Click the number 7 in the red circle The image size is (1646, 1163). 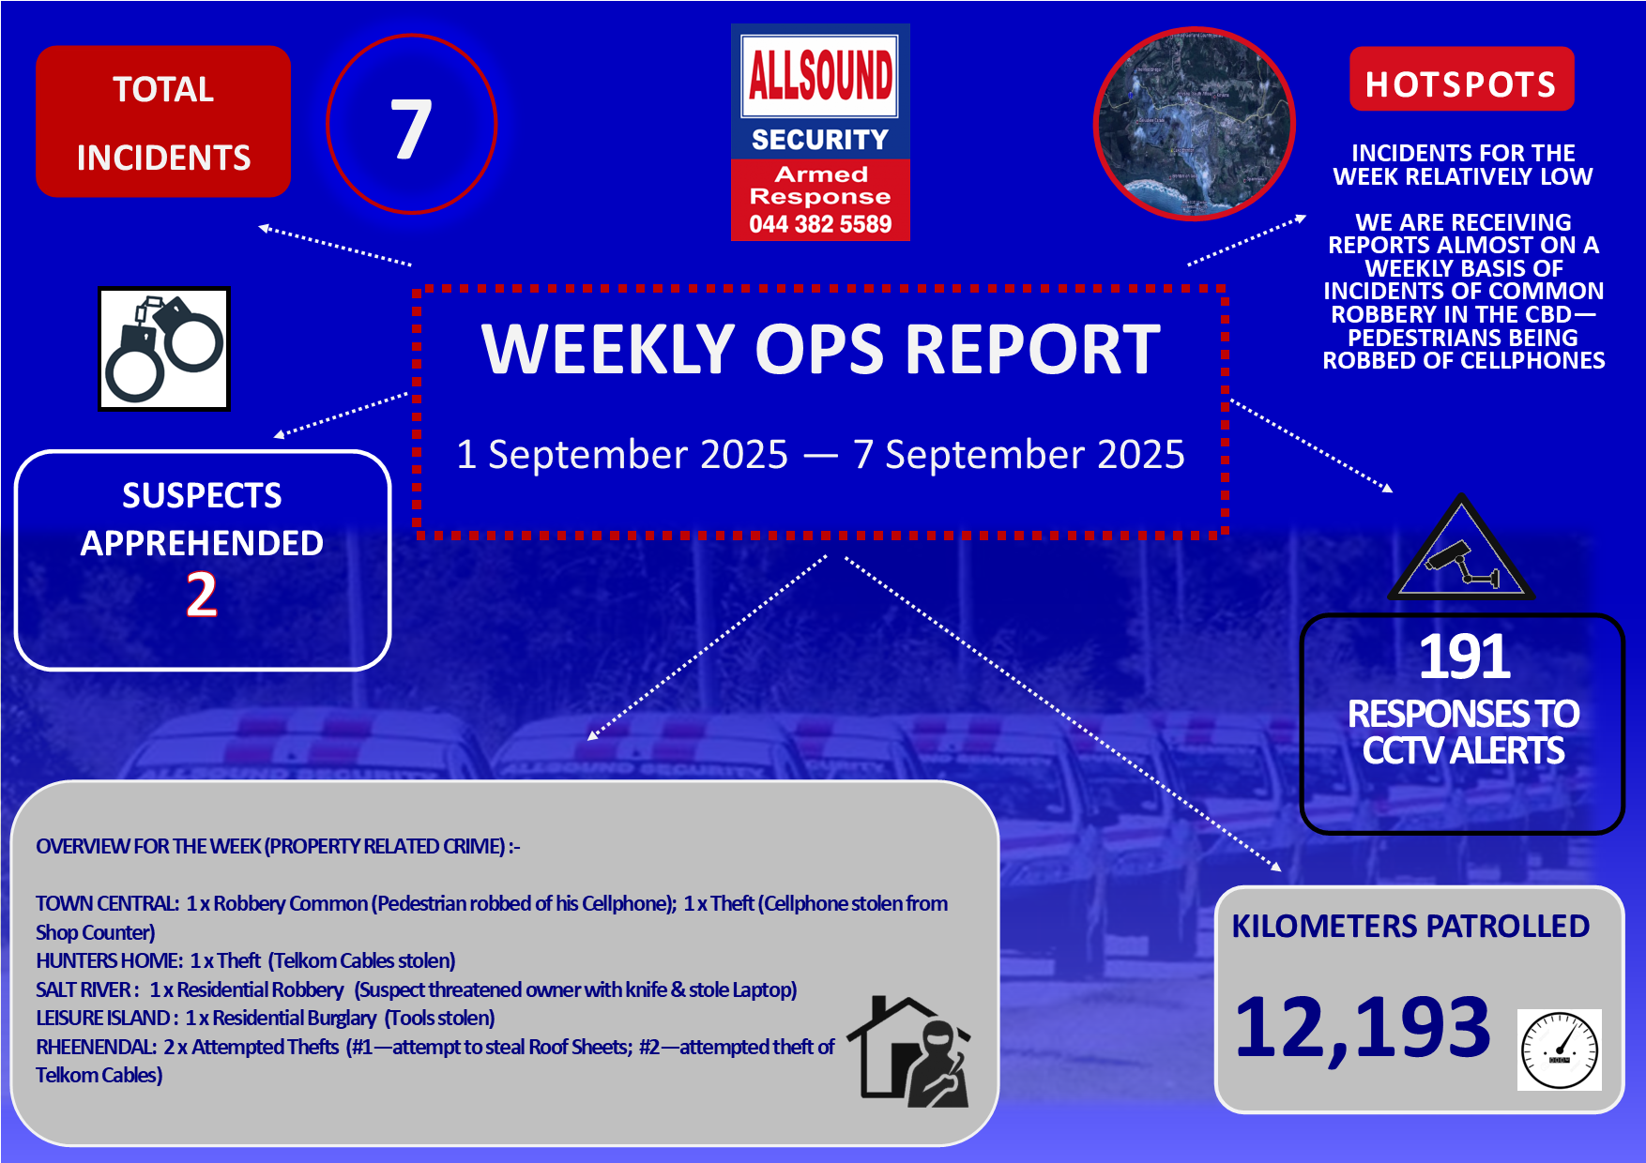(x=411, y=128)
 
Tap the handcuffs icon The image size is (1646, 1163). (x=164, y=349)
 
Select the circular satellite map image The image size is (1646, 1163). (x=1195, y=124)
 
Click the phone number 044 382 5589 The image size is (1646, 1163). (x=820, y=224)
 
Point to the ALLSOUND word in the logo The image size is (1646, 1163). (x=820, y=75)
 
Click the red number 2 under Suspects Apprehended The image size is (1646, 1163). (x=202, y=595)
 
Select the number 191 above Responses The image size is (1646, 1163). (x=1464, y=657)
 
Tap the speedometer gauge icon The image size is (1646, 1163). (x=1560, y=1050)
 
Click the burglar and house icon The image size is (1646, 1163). (x=909, y=1051)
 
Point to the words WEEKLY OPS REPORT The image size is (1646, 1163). (x=821, y=350)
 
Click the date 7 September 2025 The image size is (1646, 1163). (x=1019, y=455)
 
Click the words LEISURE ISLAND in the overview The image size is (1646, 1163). (x=103, y=1018)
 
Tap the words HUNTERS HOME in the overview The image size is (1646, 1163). (x=108, y=960)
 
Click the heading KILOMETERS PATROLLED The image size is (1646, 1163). (x=1410, y=927)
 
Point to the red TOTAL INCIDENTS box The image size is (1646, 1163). (x=163, y=122)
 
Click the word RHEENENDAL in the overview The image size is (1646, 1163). (x=95, y=1047)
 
